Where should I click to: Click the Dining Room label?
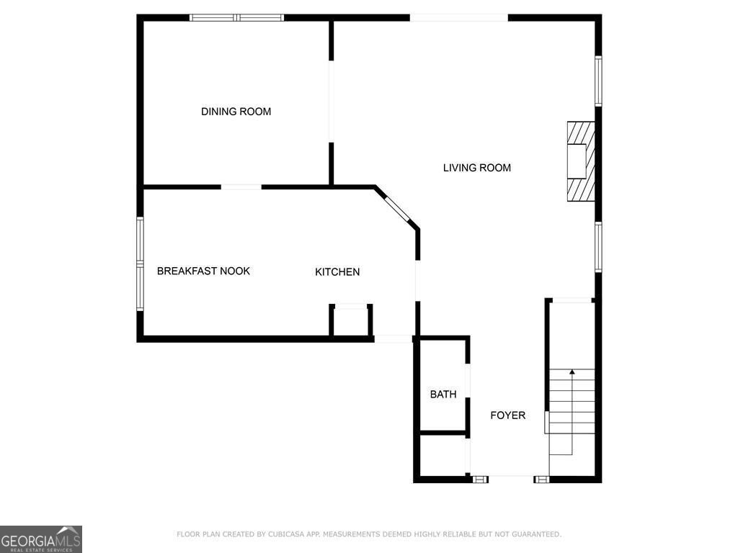pyautogui.click(x=236, y=112)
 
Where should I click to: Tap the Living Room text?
pyautogui.click(x=476, y=168)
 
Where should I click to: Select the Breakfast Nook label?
pyautogui.click(x=203, y=271)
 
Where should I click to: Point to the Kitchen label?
pyautogui.click(x=337, y=272)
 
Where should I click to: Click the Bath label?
pyautogui.click(x=443, y=395)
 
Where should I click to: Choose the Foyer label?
pyautogui.click(x=508, y=415)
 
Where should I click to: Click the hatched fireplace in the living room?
pyautogui.click(x=581, y=161)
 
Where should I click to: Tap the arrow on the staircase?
pyautogui.click(x=572, y=372)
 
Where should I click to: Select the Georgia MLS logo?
pyautogui.click(x=41, y=539)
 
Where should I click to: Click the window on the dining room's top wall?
pyautogui.click(x=237, y=17)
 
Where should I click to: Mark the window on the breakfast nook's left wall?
pyautogui.click(x=141, y=264)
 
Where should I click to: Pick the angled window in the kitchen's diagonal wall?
pyautogui.click(x=398, y=209)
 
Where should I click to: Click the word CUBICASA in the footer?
pyautogui.click(x=285, y=534)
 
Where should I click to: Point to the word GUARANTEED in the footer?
pyautogui.click(x=535, y=534)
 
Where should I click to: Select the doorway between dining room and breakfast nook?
pyautogui.click(x=241, y=187)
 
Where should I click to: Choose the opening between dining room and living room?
pyautogui.click(x=332, y=101)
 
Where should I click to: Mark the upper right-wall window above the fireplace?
pyautogui.click(x=598, y=81)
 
